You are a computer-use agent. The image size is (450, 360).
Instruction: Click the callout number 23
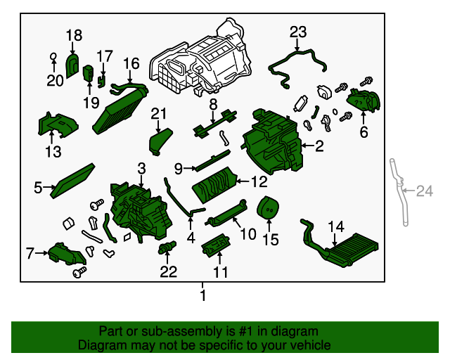298,31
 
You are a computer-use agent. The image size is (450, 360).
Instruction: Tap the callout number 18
74,35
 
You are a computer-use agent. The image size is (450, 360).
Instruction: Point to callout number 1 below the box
203,296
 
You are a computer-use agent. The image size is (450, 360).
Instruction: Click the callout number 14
336,226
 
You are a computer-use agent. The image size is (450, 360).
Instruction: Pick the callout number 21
159,113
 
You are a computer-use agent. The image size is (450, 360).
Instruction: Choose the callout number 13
53,151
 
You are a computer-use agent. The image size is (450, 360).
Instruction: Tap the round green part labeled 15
268,209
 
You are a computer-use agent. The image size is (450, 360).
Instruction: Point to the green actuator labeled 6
364,103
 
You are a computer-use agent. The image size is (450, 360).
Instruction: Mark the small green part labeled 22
167,247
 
